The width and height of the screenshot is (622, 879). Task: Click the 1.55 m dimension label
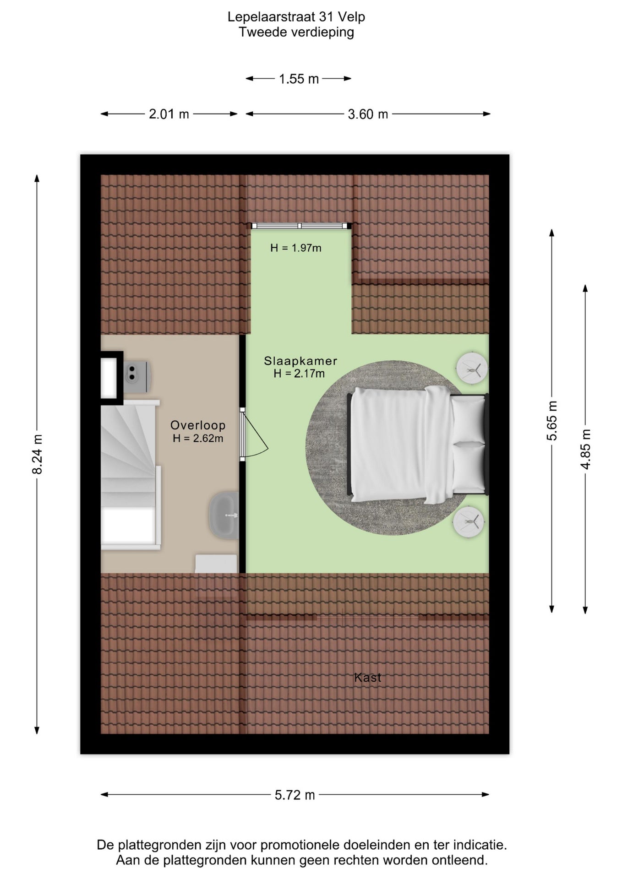[299, 79]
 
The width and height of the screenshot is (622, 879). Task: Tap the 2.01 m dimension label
[169, 114]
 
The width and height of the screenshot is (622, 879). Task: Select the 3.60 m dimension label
[368, 114]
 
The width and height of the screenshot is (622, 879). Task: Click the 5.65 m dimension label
[552, 420]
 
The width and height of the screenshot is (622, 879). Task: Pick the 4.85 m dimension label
[585, 449]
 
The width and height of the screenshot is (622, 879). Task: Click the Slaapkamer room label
[300, 361]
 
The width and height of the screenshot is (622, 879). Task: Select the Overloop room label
[198, 425]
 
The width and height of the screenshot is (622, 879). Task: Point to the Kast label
[368, 678]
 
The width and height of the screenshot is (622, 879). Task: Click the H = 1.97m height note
[296, 248]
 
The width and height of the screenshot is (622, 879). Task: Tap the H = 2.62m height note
[198, 439]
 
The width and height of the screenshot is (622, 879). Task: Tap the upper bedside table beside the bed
[472, 368]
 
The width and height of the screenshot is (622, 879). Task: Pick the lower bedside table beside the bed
[469, 521]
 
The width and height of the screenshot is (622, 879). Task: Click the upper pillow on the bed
[469, 420]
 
